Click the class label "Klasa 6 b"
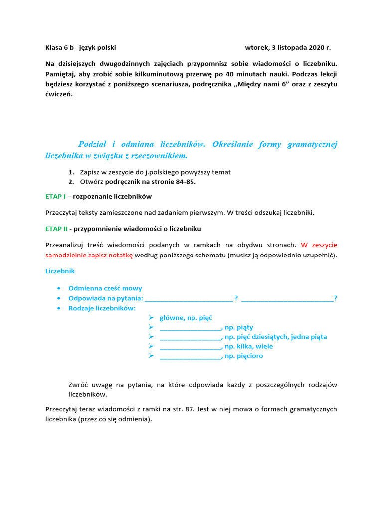click(x=59, y=48)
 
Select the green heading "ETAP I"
click(x=55, y=196)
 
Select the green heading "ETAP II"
click(x=56, y=229)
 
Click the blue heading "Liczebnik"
click(x=60, y=271)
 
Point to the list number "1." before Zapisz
click(x=72, y=172)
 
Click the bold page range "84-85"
click(x=185, y=182)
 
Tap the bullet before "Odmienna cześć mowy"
click(x=59, y=288)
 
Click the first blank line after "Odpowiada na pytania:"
click(x=188, y=298)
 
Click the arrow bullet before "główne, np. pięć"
click(x=151, y=318)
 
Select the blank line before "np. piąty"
click(x=190, y=327)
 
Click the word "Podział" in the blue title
click(x=96, y=144)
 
